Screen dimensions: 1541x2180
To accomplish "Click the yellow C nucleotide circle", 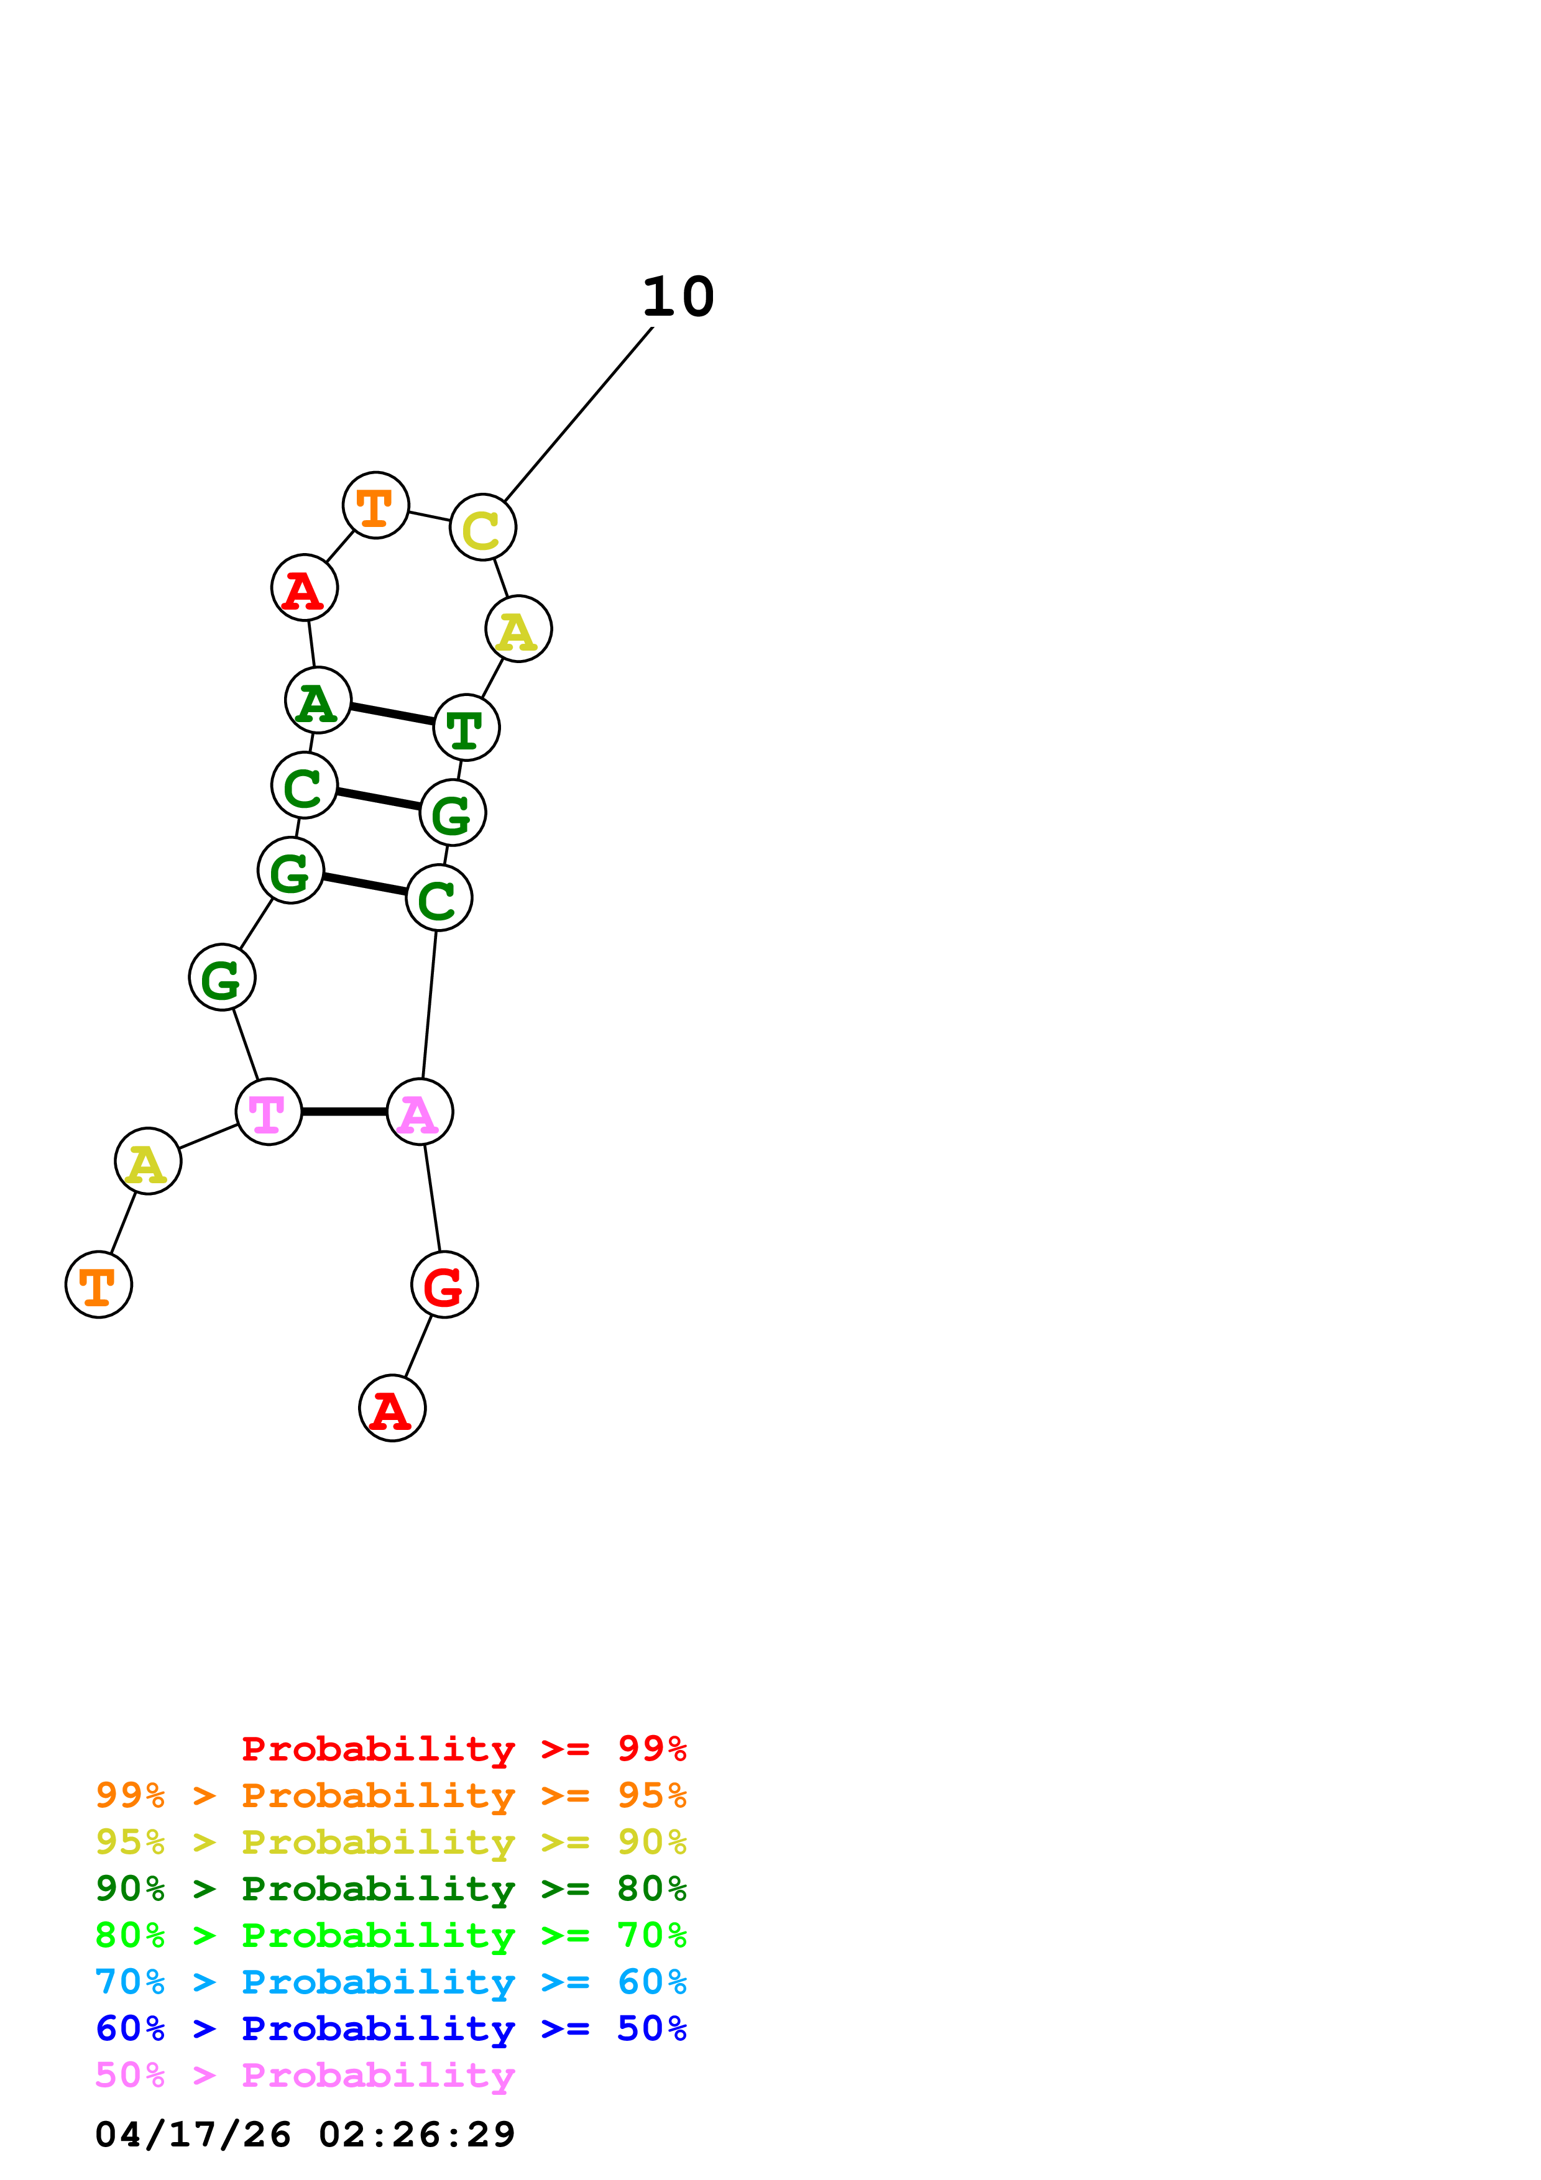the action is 482,527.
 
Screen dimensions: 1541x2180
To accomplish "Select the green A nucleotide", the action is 318,700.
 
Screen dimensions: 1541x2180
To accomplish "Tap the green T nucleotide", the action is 466,727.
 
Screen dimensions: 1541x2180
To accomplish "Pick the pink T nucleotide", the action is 269,1111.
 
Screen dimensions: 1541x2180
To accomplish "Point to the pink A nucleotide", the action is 420,1111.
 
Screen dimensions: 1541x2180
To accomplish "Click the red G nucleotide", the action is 444,1285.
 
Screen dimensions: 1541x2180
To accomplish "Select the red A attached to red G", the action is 392,1408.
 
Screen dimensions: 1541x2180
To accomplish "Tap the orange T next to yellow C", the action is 376,505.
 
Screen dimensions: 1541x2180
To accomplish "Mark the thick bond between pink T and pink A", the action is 344,1111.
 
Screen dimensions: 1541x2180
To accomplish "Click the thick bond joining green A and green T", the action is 392,714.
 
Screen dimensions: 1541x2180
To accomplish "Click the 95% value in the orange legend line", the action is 651,1795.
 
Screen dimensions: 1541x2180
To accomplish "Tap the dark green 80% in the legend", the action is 651,1889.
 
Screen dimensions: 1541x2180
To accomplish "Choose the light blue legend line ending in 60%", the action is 390,1982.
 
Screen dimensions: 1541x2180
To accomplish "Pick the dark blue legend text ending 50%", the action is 390,2028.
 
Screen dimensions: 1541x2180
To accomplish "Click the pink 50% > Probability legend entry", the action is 305,2074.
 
